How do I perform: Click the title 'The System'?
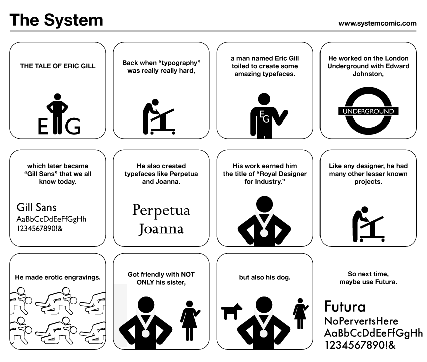[56, 20]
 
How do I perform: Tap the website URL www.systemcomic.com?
[377, 23]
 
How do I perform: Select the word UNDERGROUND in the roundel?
[368, 111]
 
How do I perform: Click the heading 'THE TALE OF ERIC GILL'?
[58, 66]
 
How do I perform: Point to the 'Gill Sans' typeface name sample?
[37, 207]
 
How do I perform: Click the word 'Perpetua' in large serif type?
[161, 210]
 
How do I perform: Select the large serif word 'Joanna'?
[161, 229]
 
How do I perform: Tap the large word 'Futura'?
[345, 306]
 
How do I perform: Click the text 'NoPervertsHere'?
[361, 321]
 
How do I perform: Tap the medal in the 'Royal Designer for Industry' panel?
[264, 232]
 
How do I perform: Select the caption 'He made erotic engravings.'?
[58, 277]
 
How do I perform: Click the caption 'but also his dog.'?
[264, 277]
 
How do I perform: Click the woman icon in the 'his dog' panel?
[300, 314]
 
